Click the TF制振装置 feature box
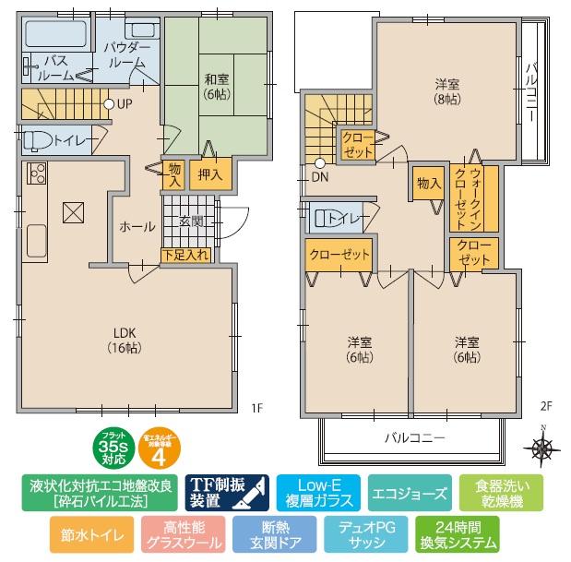coord(227,494)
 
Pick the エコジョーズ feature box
coord(410,494)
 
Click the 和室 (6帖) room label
coord(217,87)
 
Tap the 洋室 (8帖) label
coord(447,92)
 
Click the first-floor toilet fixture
coord(37,140)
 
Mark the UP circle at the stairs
coord(109,104)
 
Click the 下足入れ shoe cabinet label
coord(185,254)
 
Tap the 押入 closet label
coord(209,175)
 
